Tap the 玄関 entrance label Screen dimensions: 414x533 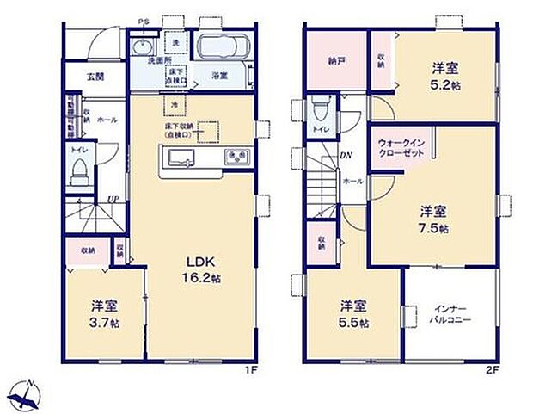tap(95, 76)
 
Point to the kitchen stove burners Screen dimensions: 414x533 tap(235, 157)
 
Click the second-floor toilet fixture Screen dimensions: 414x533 tap(319, 110)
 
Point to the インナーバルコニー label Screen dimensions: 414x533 tap(451, 314)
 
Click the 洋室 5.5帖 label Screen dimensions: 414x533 tap(353, 314)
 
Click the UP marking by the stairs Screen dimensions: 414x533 tap(112, 201)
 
